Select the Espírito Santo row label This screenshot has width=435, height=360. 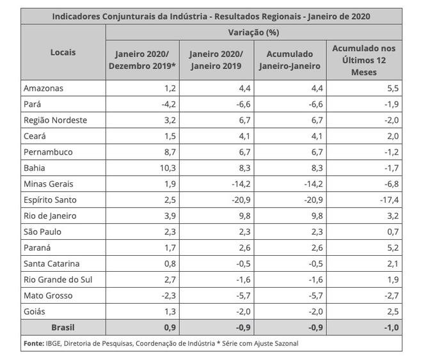pyautogui.click(x=51, y=200)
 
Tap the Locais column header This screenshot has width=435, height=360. pyautogui.click(x=63, y=52)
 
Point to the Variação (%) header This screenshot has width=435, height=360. pyautogui.click(x=253, y=32)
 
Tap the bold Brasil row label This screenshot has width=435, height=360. pyautogui.click(x=63, y=327)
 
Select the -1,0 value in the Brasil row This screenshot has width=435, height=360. pyautogui.click(x=390, y=327)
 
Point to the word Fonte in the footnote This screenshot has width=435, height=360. pyautogui.click(x=34, y=343)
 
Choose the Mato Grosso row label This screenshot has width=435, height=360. pyautogui.click(x=48, y=295)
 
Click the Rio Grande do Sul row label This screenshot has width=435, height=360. pyautogui.click(x=58, y=279)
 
